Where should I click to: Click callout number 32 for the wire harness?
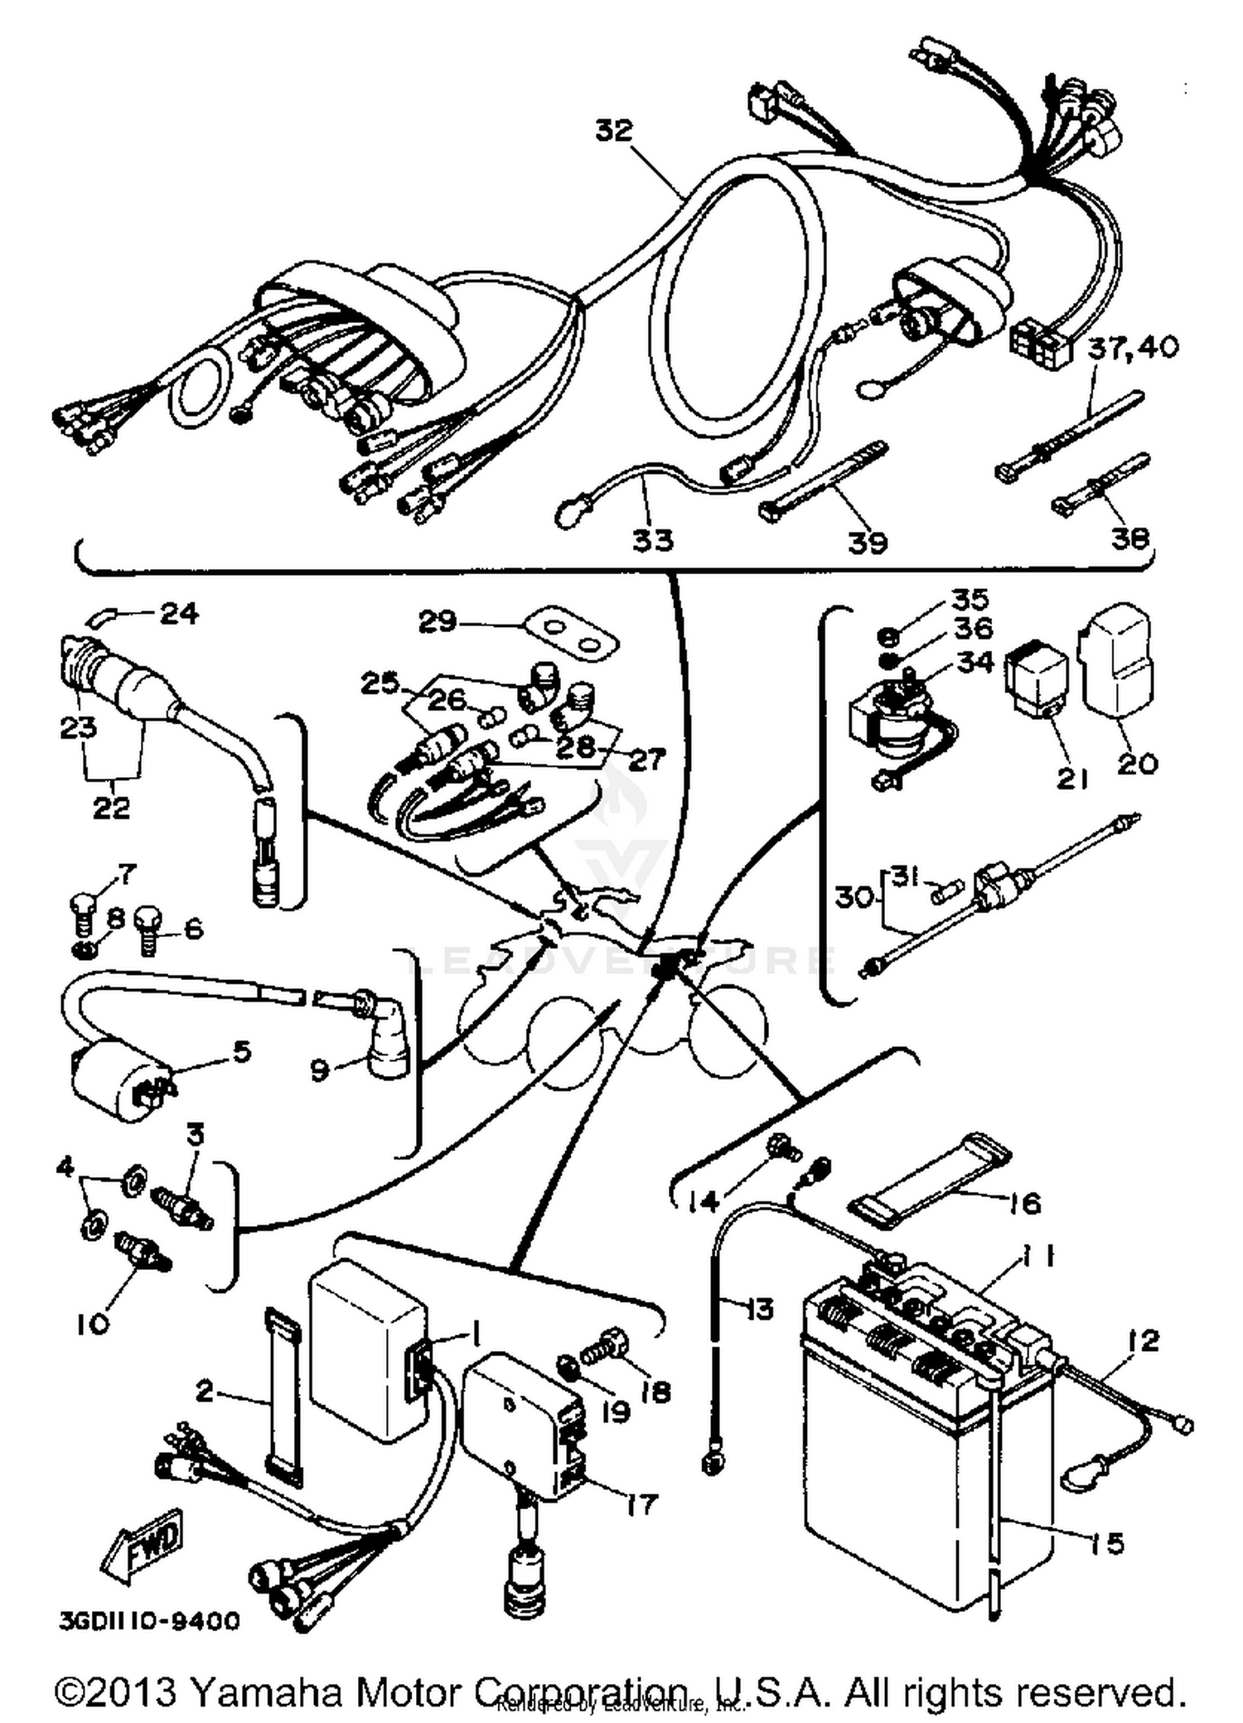[613, 131]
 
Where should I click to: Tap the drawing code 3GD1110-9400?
[149, 1619]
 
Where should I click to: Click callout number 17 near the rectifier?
[640, 1503]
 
